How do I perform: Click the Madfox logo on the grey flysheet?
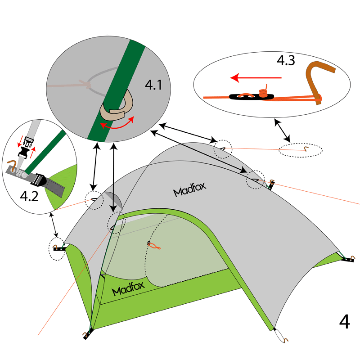190,192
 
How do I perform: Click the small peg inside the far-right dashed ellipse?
306,149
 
